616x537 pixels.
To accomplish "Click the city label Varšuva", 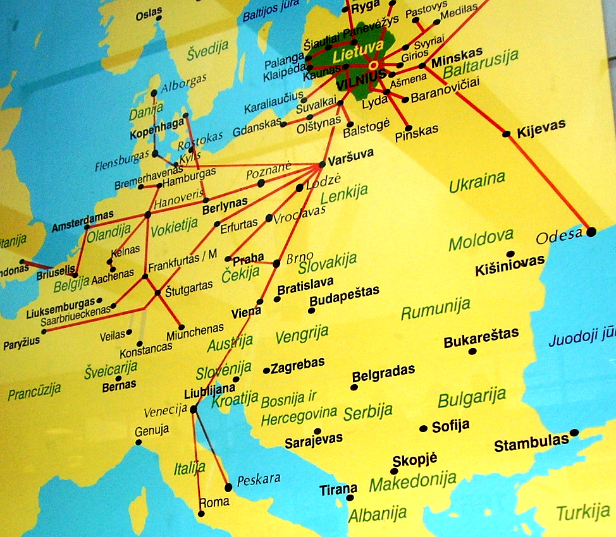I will click(351, 154).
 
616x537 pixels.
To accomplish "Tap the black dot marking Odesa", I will click(591, 232).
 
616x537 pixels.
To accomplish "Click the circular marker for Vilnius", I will click(374, 64).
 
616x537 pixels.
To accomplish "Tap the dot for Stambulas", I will click(574, 433).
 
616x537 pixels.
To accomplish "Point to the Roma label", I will click(214, 502).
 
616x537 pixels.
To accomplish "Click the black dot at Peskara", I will click(228, 487).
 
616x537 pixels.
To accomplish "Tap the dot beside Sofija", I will click(423, 428).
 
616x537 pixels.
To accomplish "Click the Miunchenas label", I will click(195, 330).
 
